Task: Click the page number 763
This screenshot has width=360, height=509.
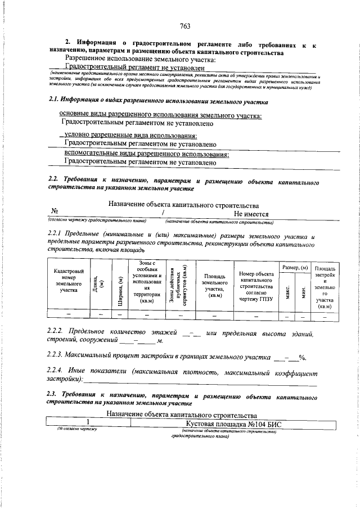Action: tap(185, 26)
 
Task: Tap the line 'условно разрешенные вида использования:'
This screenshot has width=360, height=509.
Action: tap(130, 136)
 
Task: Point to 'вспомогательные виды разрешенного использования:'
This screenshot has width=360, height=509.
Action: tap(147, 154)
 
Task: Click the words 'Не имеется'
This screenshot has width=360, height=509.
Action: tap(251, 214)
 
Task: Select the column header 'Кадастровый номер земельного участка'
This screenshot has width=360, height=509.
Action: tap(69, 281)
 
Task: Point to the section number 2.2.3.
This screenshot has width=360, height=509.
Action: tap(56, 356)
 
